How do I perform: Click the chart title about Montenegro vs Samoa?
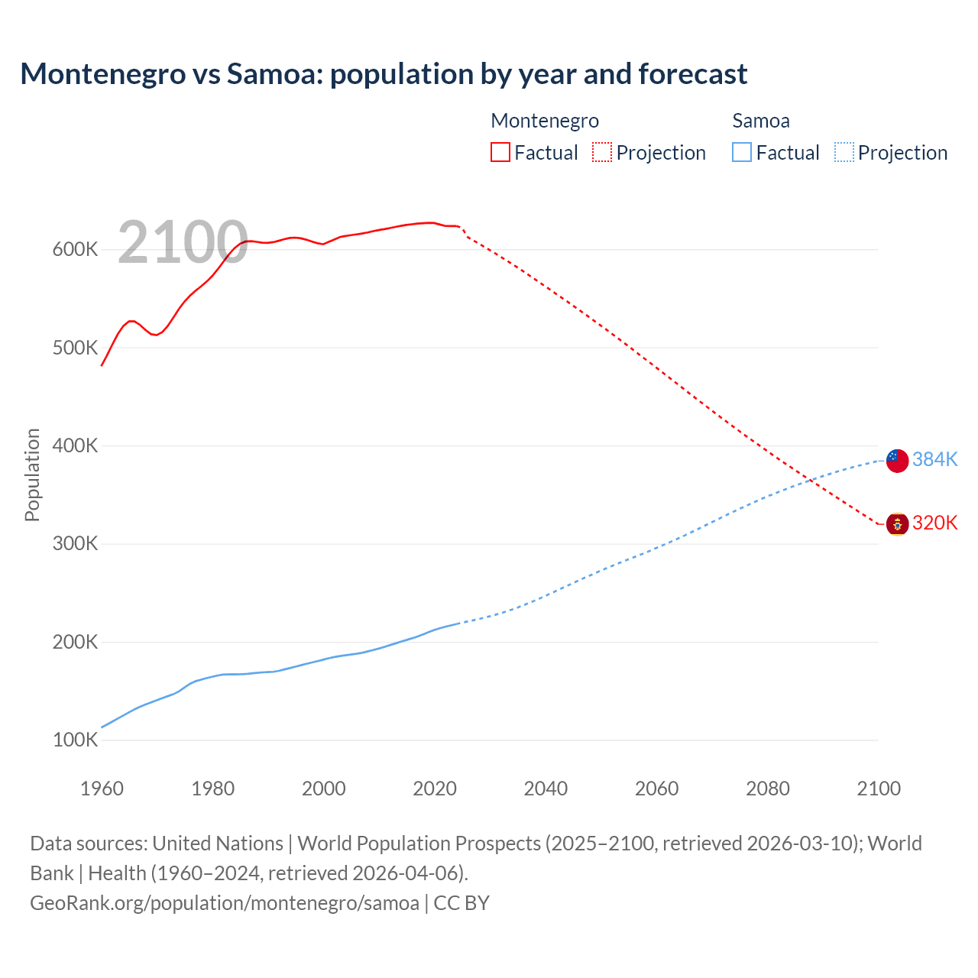click(384, 74)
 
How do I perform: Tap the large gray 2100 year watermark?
click(183, 243)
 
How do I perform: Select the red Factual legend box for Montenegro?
click(500, 153)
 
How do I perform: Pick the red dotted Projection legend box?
click(602, 153)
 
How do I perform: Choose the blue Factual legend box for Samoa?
click(742, 153)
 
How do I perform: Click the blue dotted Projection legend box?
click(844, 153)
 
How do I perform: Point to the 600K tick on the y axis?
click(75, 250)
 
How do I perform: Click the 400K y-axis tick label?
click(75, 446)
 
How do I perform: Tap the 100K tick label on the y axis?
click(75, 740)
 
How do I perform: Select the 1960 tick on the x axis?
click(102, 789)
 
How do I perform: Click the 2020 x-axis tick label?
click(435, 789)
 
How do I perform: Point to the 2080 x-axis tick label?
click(768, 789)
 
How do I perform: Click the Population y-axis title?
click(32, 474)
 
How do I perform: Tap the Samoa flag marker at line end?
click(897, 460)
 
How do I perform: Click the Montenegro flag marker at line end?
click(897, 524)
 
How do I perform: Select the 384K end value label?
click(934, 459)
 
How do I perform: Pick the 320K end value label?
click(934, 523)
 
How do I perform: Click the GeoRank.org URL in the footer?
click(224, 903)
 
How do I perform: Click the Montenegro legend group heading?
click(545, 121)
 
